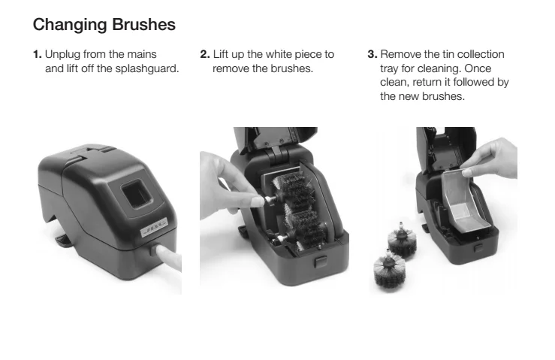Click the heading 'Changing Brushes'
tap(104, 25)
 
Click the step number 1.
tap(37, 54)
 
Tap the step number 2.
tap(205, 54)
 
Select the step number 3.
tap(373, 54)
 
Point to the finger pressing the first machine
tap(168, 256)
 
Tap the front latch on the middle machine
tap(321, 262)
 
